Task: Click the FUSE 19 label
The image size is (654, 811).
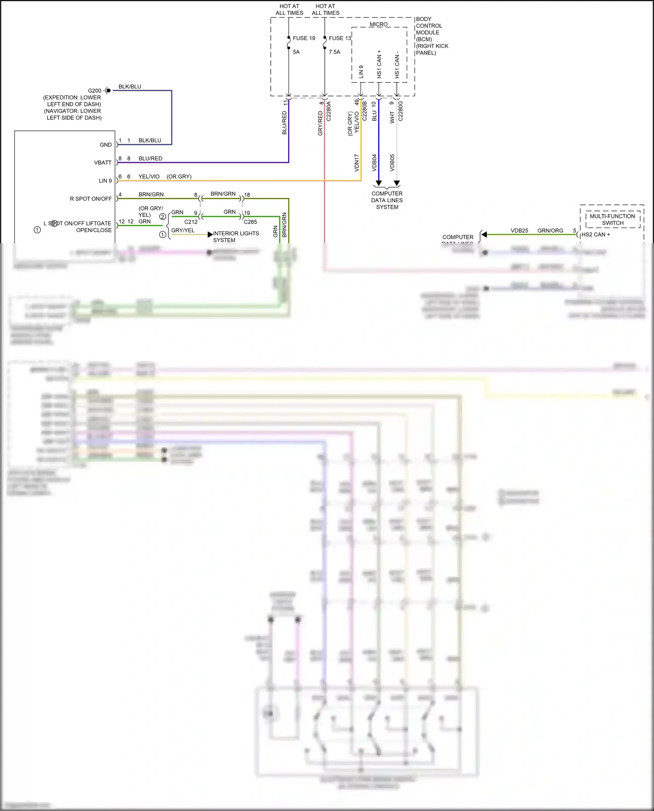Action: tap(304, 38)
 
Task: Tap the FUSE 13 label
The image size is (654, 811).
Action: tap(340, 38)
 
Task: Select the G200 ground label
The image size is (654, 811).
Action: tap(95, 91)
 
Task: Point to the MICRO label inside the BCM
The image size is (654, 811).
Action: tap(378, 24)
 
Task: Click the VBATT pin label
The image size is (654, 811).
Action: tap(103, 163)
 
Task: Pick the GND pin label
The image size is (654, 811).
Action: tap(106, 145)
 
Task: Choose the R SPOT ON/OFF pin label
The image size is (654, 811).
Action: tap(91, 199)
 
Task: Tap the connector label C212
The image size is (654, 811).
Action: tap(191, 222)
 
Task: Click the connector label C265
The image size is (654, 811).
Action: tap(250, 222)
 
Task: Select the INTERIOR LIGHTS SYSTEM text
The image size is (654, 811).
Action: tap(236, 237)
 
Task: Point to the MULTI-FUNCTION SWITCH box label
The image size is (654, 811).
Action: tap(613, 220)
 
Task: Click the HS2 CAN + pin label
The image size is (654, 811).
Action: tap(596, 234)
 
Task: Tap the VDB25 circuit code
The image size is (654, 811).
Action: tap(519, 231)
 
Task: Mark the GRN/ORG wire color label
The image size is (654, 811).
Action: tap(550, 231)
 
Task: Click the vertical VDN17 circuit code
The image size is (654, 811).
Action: tap(357, 162)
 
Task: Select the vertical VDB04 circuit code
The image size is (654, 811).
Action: tap(374, 162)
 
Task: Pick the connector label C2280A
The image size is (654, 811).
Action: tap(329, 111)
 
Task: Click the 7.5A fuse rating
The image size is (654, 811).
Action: tap(334, 52)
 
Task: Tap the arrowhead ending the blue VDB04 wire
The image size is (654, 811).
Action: tap(379, 183)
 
